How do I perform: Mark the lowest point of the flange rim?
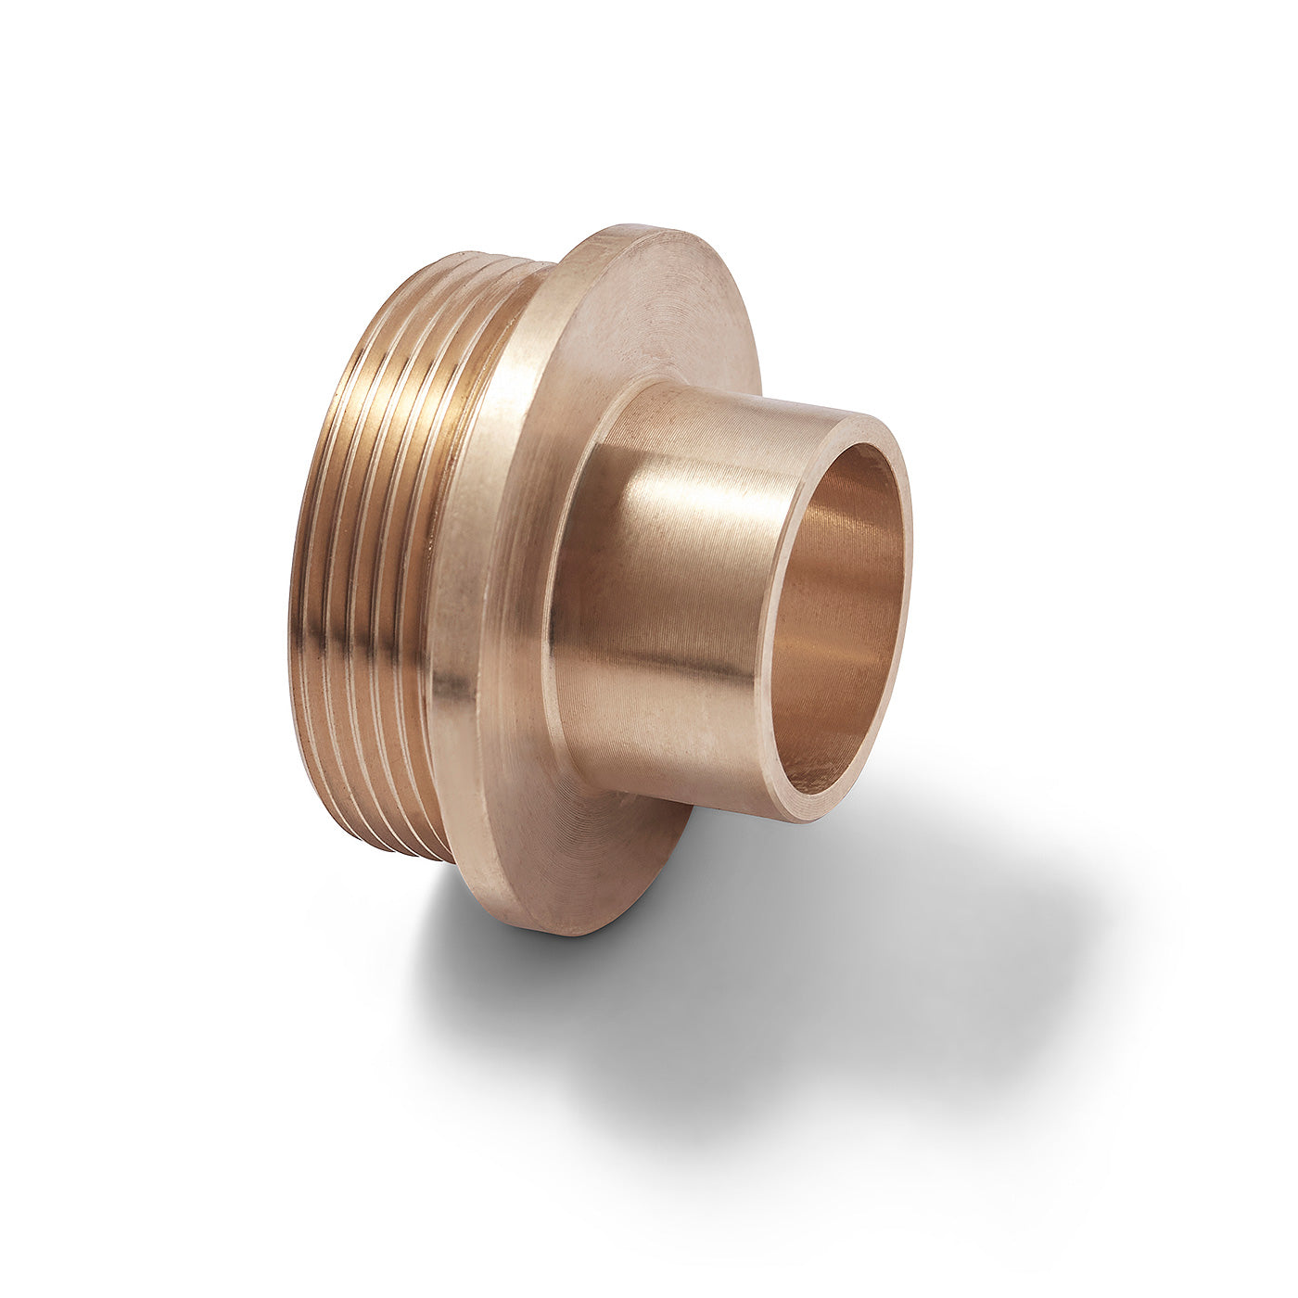coord(556,932)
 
